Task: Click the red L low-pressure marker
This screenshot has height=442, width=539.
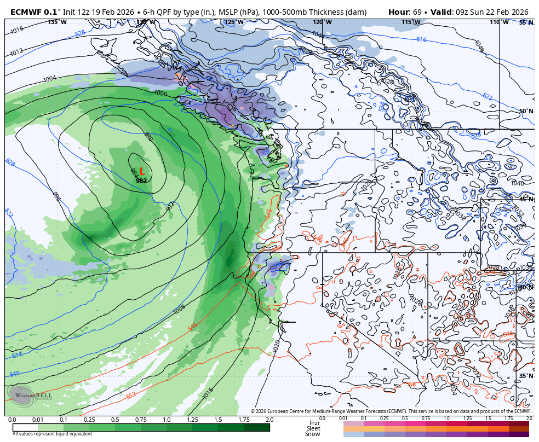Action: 142,171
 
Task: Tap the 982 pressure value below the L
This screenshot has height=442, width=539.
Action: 141,181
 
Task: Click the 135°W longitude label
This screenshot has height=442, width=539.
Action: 57,22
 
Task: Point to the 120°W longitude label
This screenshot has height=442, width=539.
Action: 318,22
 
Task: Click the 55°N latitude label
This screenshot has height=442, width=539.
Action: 526,22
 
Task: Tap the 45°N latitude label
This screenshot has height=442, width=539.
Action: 526,199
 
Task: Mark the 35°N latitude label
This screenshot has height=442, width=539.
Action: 526,376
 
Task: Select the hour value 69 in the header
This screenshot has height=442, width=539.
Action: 417,12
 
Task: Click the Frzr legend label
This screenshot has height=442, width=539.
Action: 314,423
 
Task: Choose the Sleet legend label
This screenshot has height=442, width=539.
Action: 313,429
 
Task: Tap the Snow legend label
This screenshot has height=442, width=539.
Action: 313,434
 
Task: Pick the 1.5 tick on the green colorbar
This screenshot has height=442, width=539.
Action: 218,420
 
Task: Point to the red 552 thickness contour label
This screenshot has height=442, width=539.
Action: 131,396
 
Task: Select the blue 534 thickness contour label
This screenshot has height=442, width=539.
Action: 16,356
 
